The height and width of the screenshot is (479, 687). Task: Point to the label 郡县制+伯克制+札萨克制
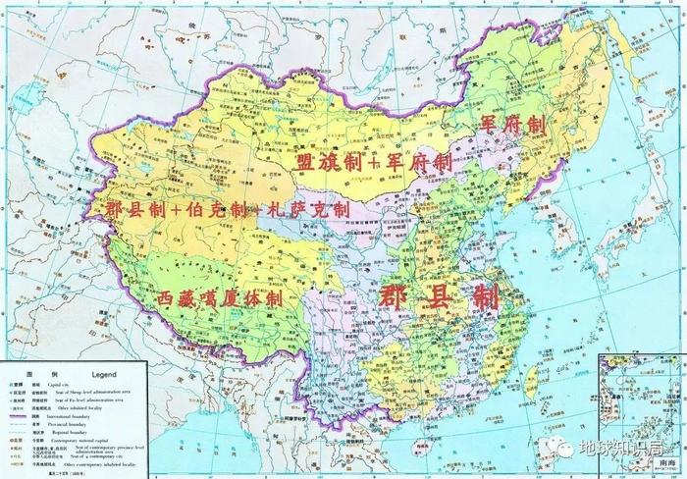pyautogui.click(x=219, y=210)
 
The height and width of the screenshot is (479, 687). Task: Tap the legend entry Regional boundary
pyautogui.click(x=70, y=432)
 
